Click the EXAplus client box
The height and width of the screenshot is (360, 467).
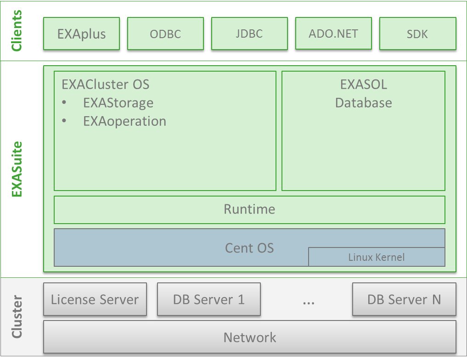81,34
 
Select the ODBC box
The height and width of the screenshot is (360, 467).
165,34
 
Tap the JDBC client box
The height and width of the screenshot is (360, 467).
249,34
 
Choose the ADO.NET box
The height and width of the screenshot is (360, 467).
333,34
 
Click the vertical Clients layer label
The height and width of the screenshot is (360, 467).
17,31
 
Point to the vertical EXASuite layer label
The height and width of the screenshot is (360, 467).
17,169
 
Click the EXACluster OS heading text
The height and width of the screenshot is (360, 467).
105,84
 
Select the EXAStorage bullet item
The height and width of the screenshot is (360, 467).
118,103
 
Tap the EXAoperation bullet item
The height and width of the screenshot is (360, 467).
124,121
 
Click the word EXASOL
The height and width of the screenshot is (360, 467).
363,84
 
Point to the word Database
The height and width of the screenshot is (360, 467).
363,102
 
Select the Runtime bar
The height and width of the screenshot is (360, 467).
249,209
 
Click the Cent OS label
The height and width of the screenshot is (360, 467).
249,248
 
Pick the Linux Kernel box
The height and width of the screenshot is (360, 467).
377,257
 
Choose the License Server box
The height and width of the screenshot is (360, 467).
95,300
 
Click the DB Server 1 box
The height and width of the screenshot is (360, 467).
208,300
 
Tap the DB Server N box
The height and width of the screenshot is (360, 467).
404,300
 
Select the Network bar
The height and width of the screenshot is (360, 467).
249,338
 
